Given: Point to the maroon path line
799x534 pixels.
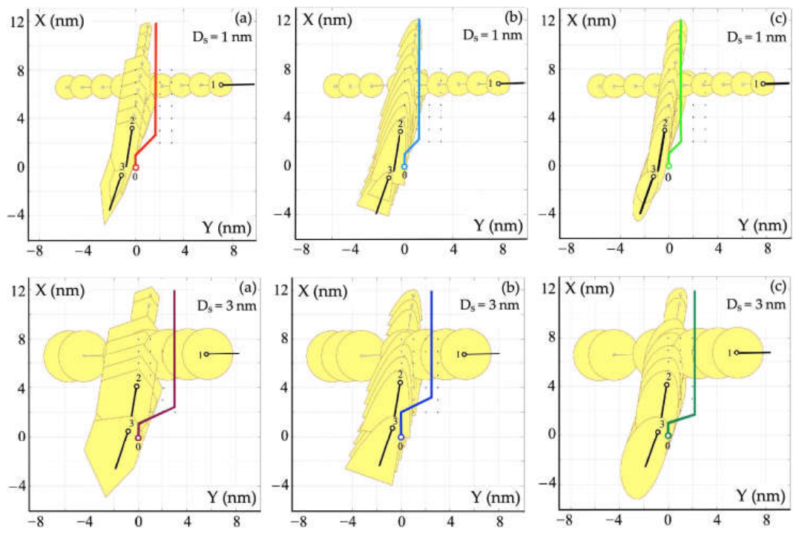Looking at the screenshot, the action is [174, 357].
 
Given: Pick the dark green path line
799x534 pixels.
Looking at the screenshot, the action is [694, 357].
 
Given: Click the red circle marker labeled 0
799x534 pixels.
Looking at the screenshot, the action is [136, 167].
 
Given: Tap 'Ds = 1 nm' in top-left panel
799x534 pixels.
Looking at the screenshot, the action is [222, 36].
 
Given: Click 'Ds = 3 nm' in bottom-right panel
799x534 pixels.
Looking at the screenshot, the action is [756, 305].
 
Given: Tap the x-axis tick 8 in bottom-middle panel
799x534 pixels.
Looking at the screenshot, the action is [500, 522].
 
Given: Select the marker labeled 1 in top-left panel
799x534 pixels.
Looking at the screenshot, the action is [221, 85].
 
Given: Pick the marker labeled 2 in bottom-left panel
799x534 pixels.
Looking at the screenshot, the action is [137, 387].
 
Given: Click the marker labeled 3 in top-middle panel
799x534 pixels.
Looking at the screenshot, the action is [389, 178].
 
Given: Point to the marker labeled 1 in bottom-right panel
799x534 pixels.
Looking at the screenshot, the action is [737, 353].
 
